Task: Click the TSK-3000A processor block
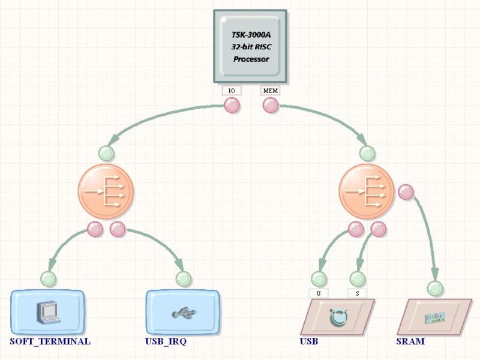[x=250, y=46]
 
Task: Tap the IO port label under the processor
[x=232, y=91]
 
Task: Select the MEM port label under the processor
[x=270, y=91]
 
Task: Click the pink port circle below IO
[x=232, y=106]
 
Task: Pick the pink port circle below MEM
[x=271, y=106]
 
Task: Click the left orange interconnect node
[x=106, y=191]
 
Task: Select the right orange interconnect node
[x=367, y=191]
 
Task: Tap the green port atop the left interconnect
[x=106, y=153]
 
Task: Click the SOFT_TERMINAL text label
[x=50, y=341]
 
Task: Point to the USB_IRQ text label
[x=166, y=341]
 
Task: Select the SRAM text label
[x=410, y=341]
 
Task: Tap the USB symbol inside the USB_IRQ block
[x=182, y=313]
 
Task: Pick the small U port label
[x=319, y=293]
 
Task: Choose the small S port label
[x=357, y=293]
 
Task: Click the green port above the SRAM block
[x=435, y=289]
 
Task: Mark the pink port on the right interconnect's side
[x=406, y=192]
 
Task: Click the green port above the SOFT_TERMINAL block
[x=49, y=278]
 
